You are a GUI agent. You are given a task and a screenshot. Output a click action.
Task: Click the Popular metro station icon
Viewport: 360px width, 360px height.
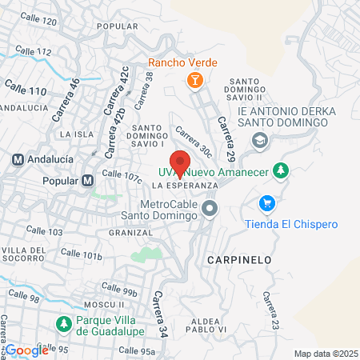[x=88, y=181]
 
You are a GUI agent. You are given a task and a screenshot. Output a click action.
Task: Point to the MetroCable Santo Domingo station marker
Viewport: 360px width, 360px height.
[x=210, y=210]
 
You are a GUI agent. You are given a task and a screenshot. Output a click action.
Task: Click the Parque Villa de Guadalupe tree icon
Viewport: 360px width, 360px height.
[x=64, y=324]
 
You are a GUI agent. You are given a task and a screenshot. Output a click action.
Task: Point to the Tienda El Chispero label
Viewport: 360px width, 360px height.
[x=279, y=224]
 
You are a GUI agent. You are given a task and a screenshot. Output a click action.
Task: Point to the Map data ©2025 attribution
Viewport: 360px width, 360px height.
[x=325, y=354]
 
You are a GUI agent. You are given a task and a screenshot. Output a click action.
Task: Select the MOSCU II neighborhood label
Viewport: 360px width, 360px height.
[x=102, y=304]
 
